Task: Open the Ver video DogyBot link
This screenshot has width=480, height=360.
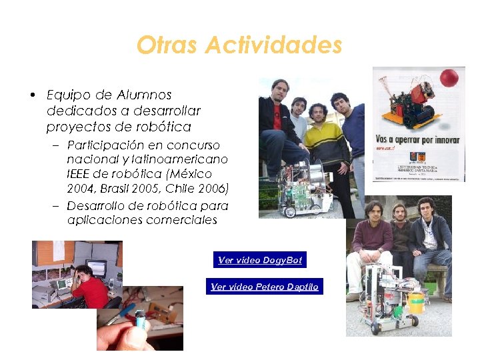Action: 260,260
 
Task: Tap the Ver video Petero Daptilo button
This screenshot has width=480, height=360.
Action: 265,287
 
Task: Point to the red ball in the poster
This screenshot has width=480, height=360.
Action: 449,77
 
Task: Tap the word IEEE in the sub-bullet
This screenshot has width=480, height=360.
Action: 80,173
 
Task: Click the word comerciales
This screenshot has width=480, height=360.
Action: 181,220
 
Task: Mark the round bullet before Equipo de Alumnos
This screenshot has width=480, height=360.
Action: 33,95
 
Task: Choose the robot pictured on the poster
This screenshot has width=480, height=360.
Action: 407,100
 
